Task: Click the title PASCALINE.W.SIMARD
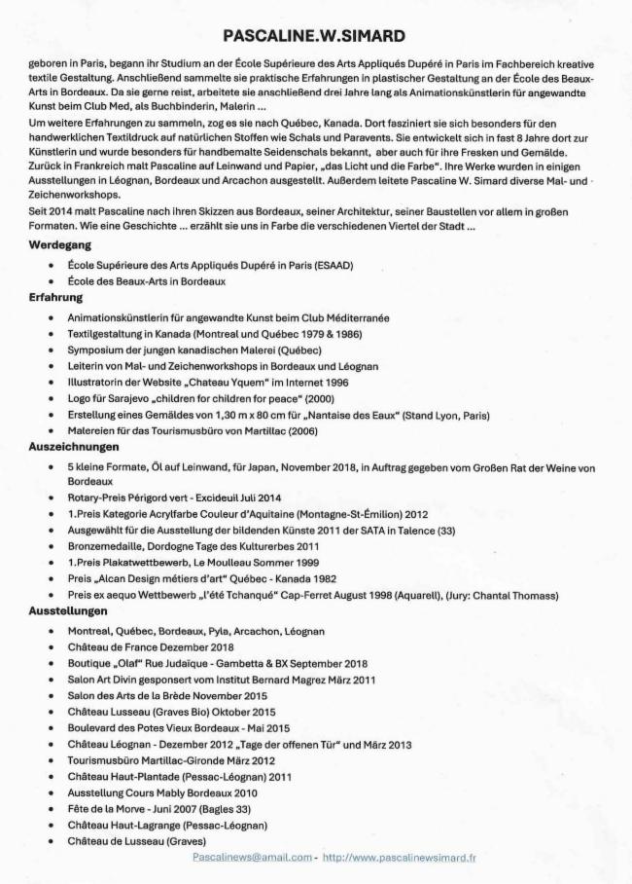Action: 314,36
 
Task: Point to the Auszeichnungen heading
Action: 74,447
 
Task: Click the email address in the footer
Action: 252,858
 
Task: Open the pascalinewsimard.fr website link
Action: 399,858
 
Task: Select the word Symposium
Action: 97,349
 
